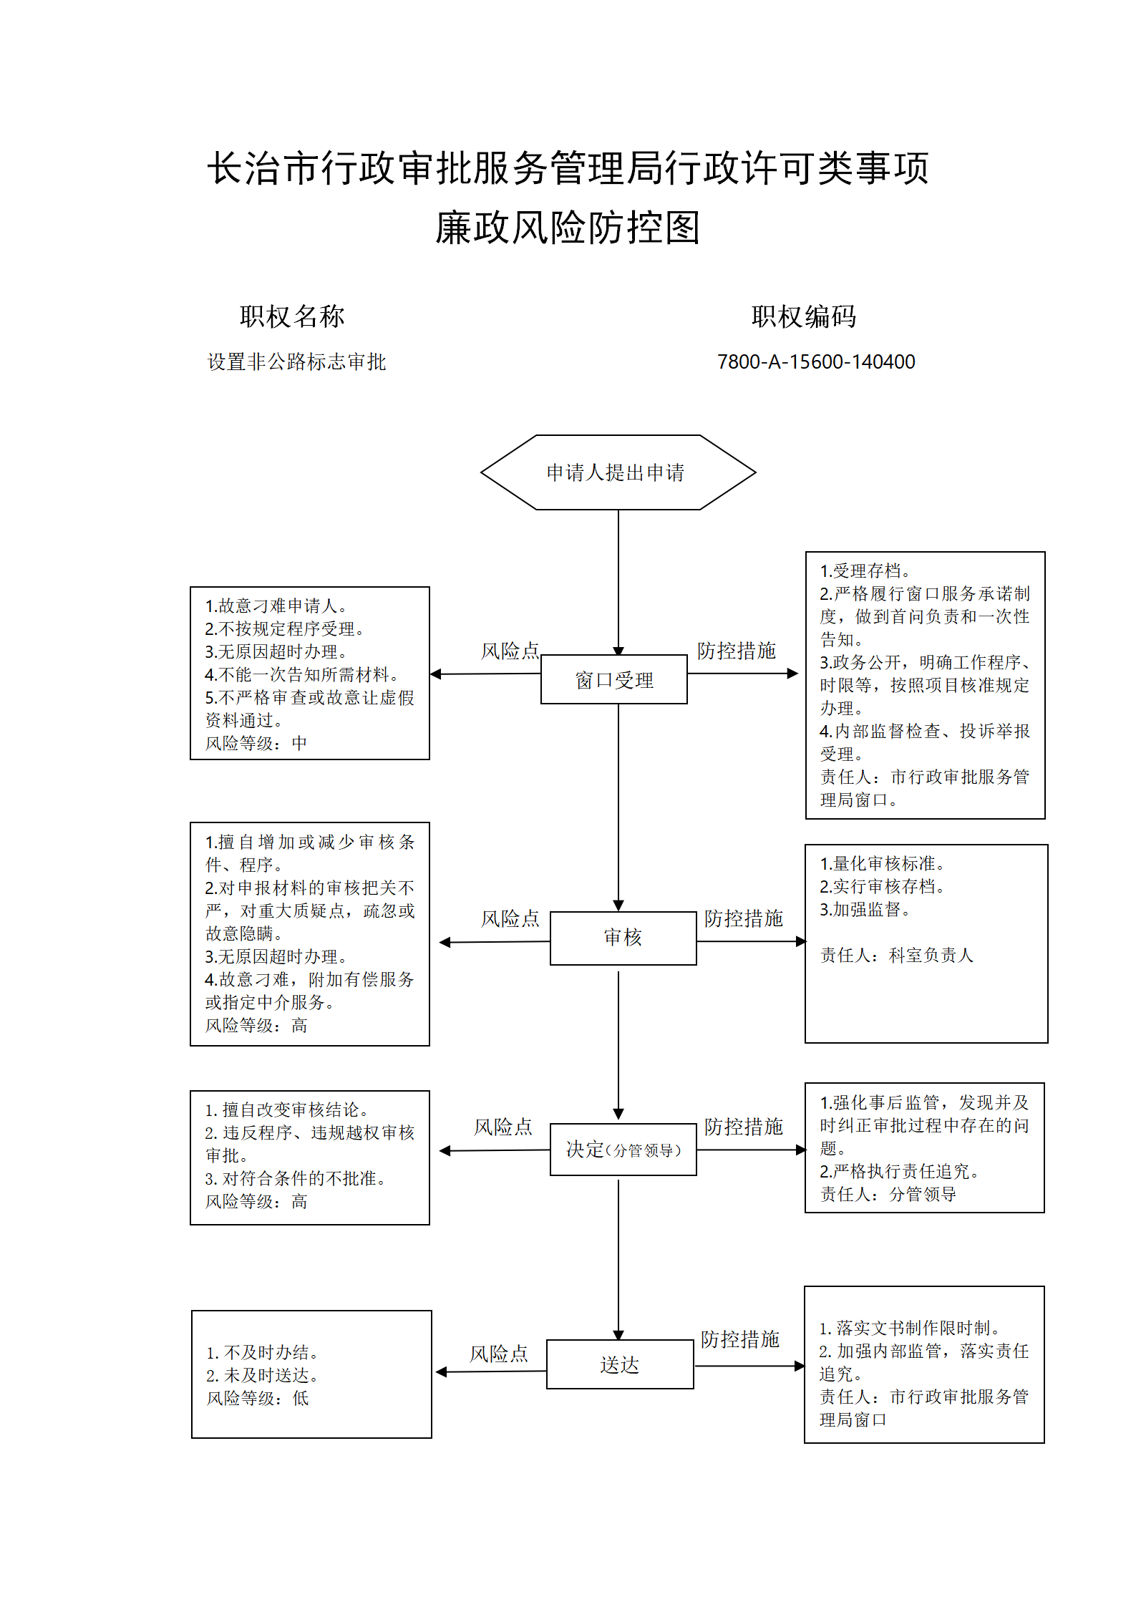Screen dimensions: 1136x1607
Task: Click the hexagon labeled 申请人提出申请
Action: click(x=618, y=472)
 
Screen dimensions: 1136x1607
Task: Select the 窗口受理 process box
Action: click(x=614, y=679)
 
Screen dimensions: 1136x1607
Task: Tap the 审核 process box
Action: click(x=623, y=938)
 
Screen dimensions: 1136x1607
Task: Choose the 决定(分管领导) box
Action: click(x=623, y=1150)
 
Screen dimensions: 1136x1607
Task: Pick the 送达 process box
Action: click(x=620, y=1364)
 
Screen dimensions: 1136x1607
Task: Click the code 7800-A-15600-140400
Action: click(x=816, y=362)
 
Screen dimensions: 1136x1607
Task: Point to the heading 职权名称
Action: click(x=292, y=316)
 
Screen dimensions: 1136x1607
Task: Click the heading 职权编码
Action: click(x=804, y=316)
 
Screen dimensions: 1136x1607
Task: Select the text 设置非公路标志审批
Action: click(x=296, y=362)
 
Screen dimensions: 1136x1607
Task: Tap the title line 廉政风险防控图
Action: click(x=568, y=228)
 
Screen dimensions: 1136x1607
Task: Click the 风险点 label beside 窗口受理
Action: click(x=510, y=651)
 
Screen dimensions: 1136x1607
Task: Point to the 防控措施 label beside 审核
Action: click(x=743, y=918)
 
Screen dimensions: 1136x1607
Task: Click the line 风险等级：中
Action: click(x=256, y=744)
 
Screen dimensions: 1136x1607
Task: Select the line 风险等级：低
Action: click(x=258, y=1399)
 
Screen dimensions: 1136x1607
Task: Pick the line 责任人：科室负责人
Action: click(x=897, y=956)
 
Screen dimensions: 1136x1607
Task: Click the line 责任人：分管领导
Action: click(x=888, y=1195)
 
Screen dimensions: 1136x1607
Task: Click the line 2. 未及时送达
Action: click(x=262, y=1376)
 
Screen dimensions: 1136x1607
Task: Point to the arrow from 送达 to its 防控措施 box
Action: click(x=749, y=1366)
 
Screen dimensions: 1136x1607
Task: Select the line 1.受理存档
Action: click(x=865, y=571)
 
